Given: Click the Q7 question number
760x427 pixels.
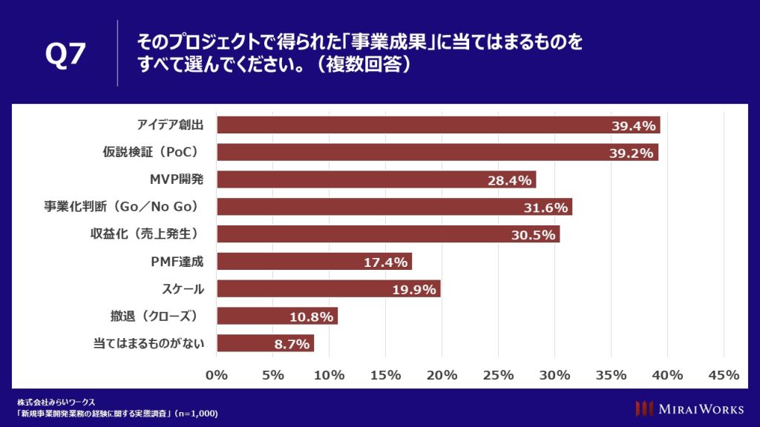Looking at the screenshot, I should coord(65,55).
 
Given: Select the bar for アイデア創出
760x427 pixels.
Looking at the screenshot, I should coord(438,125).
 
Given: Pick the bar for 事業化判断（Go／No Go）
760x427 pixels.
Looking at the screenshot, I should coord(394,207).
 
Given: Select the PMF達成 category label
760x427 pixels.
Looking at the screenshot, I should coord(177,261).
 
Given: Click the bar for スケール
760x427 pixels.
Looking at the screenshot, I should coord(328,288).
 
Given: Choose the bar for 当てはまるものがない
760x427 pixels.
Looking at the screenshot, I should coord(265,343).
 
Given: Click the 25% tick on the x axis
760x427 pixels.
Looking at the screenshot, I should coord(498,375).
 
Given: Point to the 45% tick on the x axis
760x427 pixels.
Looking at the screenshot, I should coord(724,375).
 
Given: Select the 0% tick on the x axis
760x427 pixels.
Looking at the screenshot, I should coord(217,375).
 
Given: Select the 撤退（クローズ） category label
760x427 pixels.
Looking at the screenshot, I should coord(157,316).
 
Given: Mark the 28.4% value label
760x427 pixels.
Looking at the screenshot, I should coord(511,180).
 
